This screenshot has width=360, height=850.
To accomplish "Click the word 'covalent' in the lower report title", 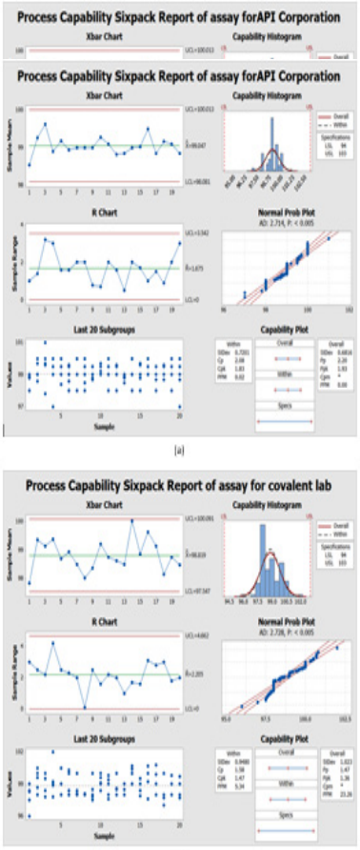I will point(249,481).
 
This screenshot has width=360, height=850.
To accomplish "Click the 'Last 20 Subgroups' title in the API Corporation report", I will point(101,329).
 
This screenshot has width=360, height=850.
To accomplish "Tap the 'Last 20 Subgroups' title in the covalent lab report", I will point(101,739).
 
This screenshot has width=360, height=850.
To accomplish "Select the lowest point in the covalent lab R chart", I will point(85,707).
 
